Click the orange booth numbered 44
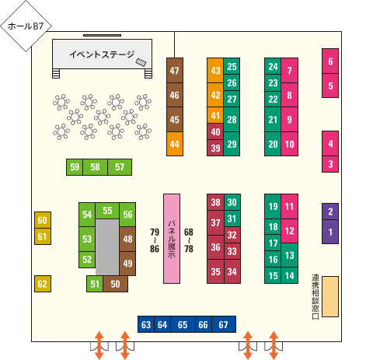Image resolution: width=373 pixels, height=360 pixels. coord(175,144)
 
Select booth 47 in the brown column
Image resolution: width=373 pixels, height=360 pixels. coord(175,71)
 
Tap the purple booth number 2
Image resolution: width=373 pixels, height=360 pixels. coord(330,211)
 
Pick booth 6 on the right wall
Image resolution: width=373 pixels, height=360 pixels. coord(330,61)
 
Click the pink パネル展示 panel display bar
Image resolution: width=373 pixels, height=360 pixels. coord(172,239)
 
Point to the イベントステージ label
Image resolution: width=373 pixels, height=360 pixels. coord(102,54)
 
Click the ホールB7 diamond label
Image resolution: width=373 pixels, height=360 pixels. coord(26,26)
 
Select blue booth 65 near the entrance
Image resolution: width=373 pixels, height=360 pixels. coord(183,324)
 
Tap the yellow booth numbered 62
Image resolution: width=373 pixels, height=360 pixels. coord(43,284)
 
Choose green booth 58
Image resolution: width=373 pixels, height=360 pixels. coord(95,167)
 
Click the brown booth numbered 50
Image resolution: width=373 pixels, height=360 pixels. coord(115,284)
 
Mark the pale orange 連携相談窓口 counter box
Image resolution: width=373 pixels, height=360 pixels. coord(330,296)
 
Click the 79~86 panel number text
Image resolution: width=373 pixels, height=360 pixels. coord(155,240)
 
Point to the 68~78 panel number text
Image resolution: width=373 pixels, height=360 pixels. coord(189,240)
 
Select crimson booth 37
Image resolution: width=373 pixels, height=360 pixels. coord(215,223)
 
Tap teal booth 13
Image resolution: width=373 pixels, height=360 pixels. coord(290,255)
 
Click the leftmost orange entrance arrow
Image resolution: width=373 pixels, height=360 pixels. coord(99,345)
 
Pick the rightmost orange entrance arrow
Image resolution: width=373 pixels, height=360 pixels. coord(274,345)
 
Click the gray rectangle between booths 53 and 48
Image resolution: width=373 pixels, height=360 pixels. coord(107,247)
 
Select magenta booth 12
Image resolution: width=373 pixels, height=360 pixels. coord(290,231)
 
